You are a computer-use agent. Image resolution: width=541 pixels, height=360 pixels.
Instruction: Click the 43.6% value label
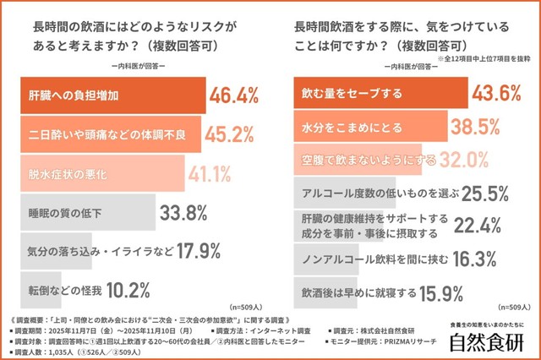click(x=497, y=94)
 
